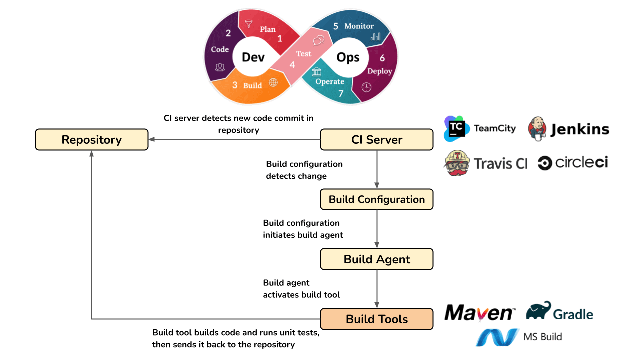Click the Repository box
tap(91, 139)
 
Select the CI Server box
tap(376, 139)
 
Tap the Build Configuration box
tap(376, 199)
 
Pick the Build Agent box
tap(376, 259)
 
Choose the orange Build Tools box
tap(376, 319)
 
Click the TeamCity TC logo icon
tap(456, 129)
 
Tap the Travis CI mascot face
tap(457, 163)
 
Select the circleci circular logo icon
tap(545, 163)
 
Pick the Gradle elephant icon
tap(538, 311)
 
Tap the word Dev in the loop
tap(253, 57)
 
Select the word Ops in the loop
tap(348, 57)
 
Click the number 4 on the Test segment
tap(292, 65)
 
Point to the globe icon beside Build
tap(273, 83)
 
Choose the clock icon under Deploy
tap(366, 87)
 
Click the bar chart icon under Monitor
tap(376, 37)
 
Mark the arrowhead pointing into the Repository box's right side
tap(152, 139)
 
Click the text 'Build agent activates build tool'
tap(301, 289)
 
